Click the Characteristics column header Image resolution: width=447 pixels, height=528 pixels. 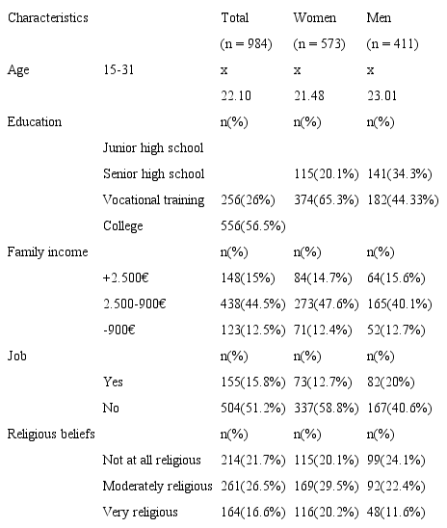47,18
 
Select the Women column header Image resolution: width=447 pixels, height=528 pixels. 314,18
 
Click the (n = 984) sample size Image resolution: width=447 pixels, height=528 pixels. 247,44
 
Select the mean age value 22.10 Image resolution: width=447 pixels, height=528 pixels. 237,96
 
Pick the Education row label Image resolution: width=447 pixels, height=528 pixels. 35,122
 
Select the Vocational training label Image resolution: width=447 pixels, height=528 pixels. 153,200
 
